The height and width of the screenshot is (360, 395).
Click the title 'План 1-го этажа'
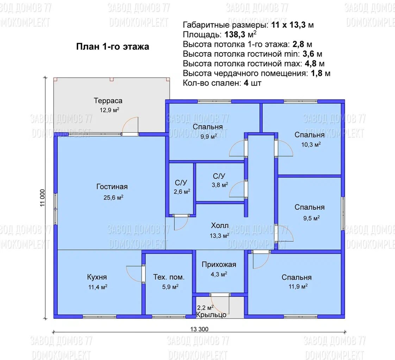(113, 46)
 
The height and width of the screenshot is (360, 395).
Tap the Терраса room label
(108, 101)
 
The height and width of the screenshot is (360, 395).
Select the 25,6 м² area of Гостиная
(113, 197)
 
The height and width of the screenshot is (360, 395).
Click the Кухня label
(97, 277)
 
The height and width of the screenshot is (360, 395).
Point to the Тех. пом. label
(169, 277)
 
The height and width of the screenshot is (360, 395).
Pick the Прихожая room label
(219, 265)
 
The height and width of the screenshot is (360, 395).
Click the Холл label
(220, 225)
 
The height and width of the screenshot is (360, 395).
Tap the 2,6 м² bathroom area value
(182, 192)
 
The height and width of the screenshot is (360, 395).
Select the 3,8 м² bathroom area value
(220, 185)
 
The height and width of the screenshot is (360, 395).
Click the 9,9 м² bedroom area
(208, 137)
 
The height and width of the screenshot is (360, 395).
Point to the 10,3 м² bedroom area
(311, 145)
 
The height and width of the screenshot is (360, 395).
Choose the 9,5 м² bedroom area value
(311, 218)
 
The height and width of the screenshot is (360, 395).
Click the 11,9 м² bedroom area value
(298, 286)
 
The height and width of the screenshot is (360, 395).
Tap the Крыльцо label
(211, 315)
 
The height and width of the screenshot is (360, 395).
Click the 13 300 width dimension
(199, 329)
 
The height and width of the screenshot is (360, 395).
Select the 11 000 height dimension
(42, 198)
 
